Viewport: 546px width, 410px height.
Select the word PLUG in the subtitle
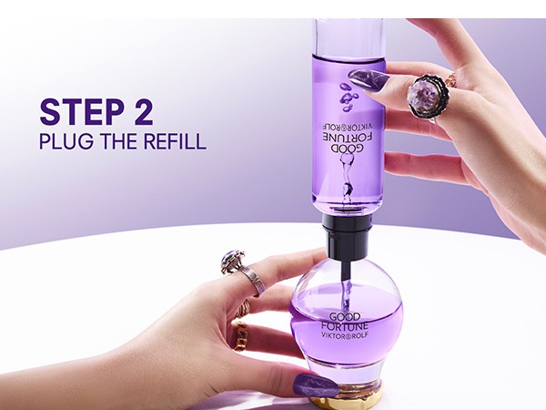tap(64, 141)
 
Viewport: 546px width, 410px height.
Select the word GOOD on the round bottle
tap(347, 318)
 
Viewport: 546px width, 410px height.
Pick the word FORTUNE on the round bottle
tap(347, 332)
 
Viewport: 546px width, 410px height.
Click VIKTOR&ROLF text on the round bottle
tap(347, 345)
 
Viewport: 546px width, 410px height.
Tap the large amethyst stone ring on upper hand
tap(425, 93)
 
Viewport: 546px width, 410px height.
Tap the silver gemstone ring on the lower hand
tap(234, 262)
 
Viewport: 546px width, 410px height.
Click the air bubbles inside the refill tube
tap(346, 93)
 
